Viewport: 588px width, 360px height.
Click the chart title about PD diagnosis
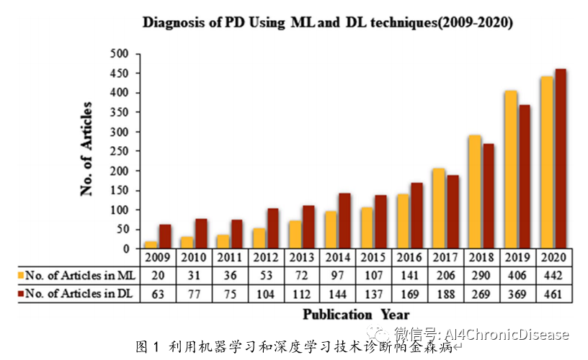(327, 22)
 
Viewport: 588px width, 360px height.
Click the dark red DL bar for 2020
(561, 158)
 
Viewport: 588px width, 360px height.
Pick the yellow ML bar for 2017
(438, 208)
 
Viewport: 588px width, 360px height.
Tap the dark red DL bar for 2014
(344, 220)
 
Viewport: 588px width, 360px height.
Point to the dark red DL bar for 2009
(165, 236)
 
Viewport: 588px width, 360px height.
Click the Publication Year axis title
(356, 314)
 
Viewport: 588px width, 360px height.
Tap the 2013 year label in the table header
(301, 258)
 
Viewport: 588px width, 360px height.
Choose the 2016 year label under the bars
(409, 258)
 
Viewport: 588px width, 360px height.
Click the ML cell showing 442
(553, 275)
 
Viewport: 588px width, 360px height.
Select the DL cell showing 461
(553, 293)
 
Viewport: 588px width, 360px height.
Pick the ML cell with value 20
(157, 275)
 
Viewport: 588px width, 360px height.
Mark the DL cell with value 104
(265, 293)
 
